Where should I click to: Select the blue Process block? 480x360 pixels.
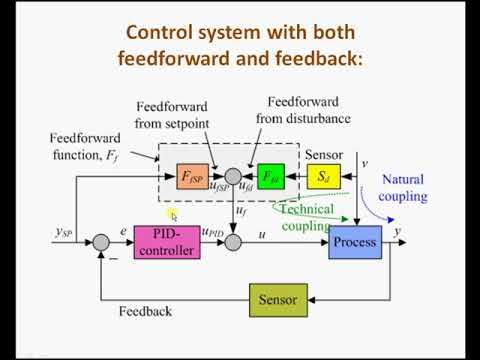tap(355, 241)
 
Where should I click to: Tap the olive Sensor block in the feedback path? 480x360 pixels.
tap(279, 299)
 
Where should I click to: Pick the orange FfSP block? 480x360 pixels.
tap(193, 178)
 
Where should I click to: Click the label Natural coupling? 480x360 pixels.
tap(404, 188)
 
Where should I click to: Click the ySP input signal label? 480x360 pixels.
tap(66, 233)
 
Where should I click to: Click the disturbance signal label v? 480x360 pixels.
tap(363, 162)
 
